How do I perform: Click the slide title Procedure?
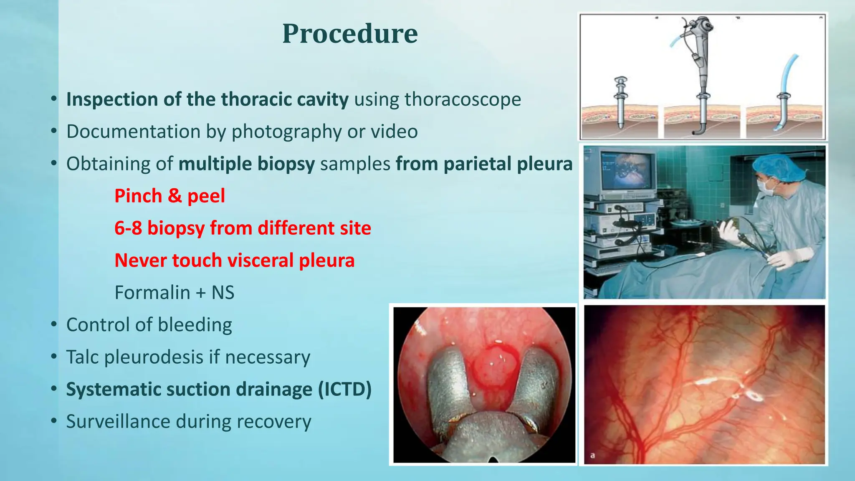coord(350,33)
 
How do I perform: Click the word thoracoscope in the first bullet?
coord(463,99)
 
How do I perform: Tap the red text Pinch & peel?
coord(169,196)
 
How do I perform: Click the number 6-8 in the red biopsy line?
coord(128,228)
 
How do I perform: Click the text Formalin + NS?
coord(174,292)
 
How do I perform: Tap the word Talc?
coord(82,357)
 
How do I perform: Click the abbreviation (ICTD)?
coord(344,389)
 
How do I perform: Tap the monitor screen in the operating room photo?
coord(627,171)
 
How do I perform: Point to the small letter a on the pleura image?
coord(592,455)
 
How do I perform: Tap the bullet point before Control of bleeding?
coord(53,325)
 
